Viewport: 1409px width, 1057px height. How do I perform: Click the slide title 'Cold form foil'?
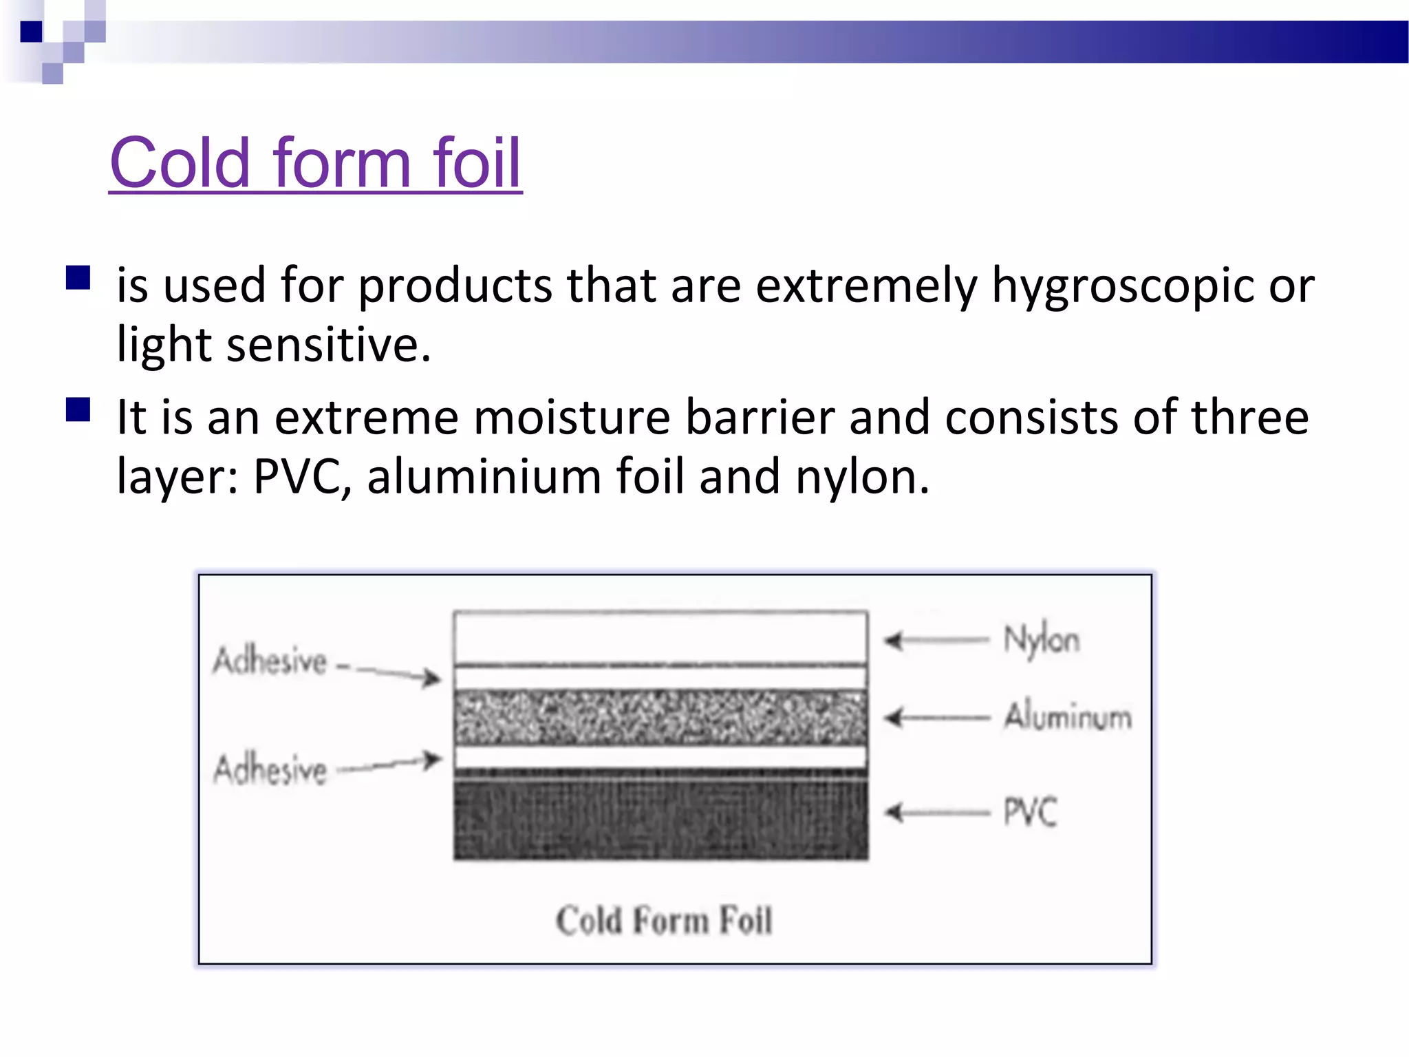(316, 163)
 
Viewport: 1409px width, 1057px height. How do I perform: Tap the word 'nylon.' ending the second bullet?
(862, 477)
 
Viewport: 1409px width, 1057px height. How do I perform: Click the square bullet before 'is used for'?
(78, 278)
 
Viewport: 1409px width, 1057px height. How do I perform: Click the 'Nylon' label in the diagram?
(1042, 640)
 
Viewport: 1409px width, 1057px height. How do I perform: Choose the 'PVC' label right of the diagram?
(1030, 812)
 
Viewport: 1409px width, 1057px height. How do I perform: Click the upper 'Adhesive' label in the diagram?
(270, 661)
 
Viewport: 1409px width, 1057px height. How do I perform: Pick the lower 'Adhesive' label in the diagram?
(270, 769)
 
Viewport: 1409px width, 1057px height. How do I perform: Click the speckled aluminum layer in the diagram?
(660, 717)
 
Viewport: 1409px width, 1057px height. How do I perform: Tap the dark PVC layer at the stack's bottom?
(660, 819)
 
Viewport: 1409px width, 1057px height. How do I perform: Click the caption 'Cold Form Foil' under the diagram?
(664, 921)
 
